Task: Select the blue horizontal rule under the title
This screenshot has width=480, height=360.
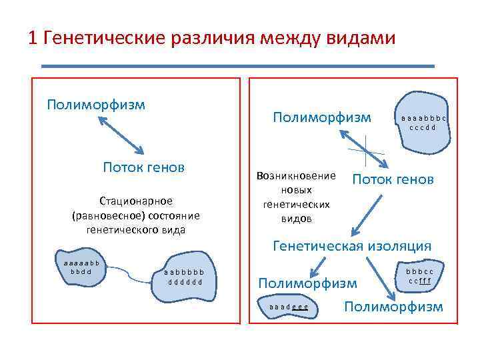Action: tap(237, 66)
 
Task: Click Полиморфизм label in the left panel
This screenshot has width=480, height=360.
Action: tap(96, 105)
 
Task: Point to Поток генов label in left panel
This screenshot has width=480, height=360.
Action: tap(143, 167)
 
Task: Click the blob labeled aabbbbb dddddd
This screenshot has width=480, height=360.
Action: tap(187, 277)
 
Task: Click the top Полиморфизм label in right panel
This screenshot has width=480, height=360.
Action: tap(322, 117)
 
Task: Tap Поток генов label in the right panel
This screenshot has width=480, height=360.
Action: tap(393, 179)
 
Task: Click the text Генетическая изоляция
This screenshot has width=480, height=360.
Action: tap(352, 246)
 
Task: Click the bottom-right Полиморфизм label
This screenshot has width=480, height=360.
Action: tap(393, 306)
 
